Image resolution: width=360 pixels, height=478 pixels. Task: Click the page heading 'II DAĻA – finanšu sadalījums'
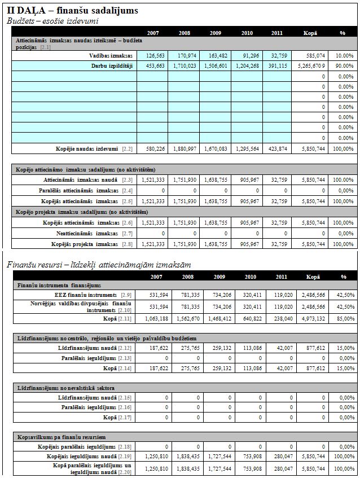72,10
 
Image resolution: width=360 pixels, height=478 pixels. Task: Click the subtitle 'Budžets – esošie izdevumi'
52,21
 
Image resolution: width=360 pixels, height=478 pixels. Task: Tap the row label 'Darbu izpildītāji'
112,66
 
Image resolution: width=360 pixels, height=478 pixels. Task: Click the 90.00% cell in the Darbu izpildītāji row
344,66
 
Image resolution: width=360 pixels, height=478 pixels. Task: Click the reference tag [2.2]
128,148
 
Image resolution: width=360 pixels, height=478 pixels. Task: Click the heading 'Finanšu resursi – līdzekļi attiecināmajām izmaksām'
98,265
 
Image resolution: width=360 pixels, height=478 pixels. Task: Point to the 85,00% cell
344,318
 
